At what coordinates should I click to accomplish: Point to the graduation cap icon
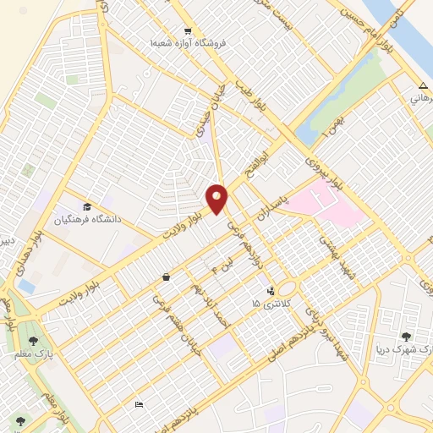(x=87, y=206)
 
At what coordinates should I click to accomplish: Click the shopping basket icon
(x=166, y=277)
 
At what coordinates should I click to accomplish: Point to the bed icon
(x=139, y=405)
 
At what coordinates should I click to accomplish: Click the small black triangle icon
(x=422, y=85)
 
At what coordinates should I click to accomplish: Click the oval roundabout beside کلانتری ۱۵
(x=288, y=288)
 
